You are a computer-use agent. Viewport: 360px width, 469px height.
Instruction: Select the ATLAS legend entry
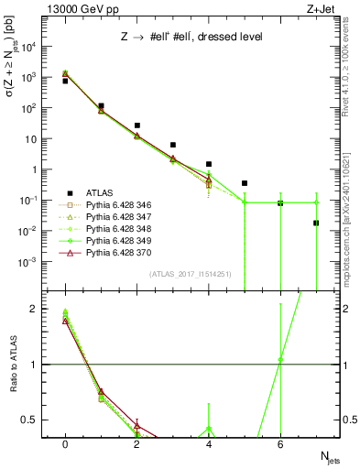click(x=102, y=192)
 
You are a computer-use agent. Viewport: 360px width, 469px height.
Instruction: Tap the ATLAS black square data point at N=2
click(x=136, y=125)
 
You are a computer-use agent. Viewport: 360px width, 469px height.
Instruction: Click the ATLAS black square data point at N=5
click(x=245, y=183)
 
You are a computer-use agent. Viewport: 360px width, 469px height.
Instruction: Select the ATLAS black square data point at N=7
click(x=316, y=223)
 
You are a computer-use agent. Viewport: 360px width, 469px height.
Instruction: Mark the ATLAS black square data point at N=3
click(x=173, y=145)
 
